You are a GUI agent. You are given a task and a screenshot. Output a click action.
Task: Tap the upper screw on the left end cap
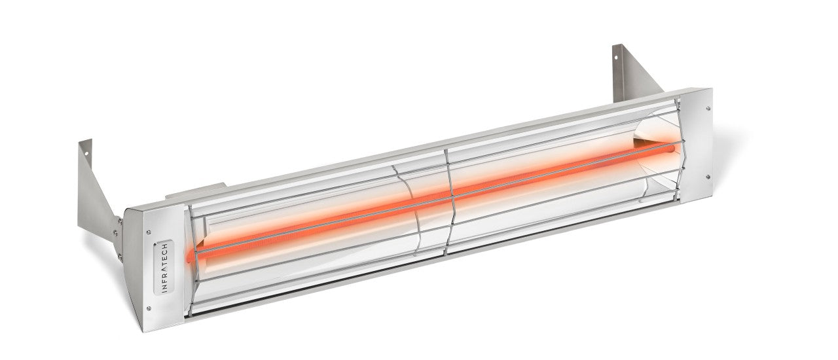click(150, 230)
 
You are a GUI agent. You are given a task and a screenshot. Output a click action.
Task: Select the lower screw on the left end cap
click(149, 308)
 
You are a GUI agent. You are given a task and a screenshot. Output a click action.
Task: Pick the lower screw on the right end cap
click(708, 176)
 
